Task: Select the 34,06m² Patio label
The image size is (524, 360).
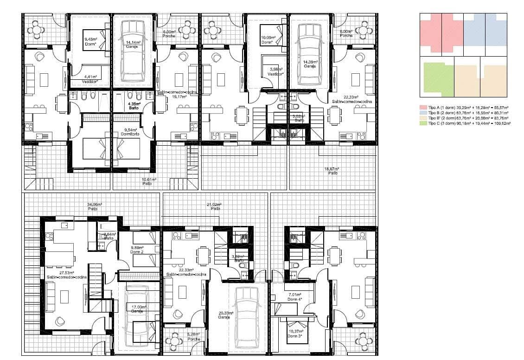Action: (95, 206)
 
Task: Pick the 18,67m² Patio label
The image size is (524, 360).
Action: (332, 170)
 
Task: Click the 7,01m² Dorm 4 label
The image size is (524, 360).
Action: (295, 296)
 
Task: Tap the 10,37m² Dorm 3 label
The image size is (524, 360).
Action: (295, 334)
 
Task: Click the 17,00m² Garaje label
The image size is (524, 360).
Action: (139, 309)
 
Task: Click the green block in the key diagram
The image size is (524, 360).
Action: (436, 77)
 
